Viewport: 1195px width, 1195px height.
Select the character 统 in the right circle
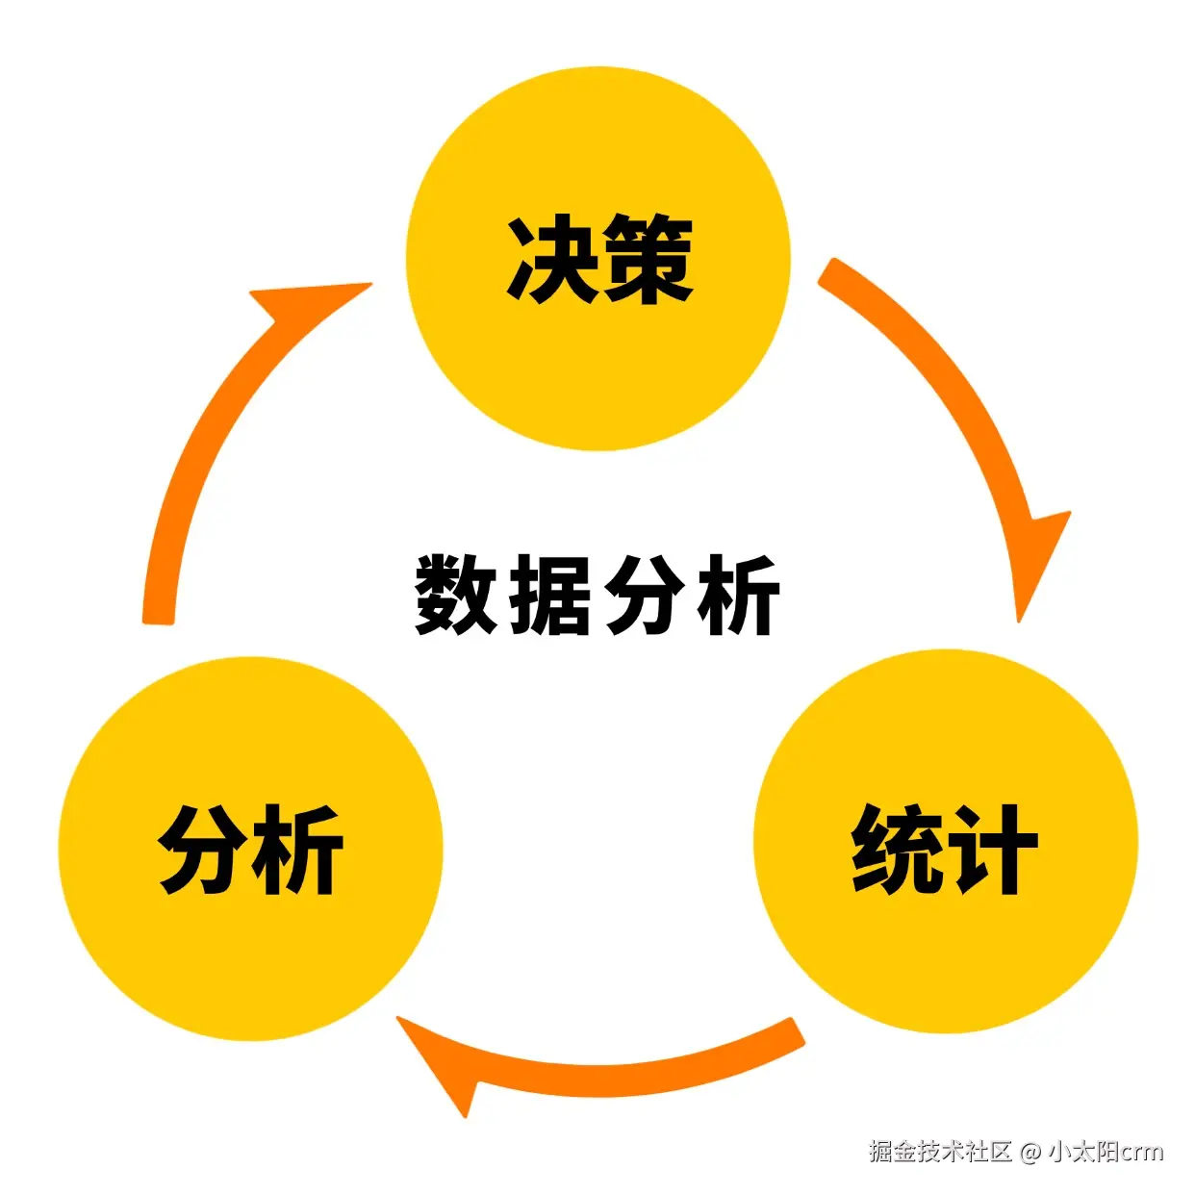pos(895,849)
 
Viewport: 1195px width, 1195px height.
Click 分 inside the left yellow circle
pos(202,849)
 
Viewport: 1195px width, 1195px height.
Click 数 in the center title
pos(456,595)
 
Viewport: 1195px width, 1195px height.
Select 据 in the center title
pos(550,595)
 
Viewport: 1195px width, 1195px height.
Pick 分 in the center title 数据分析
pos(643,595)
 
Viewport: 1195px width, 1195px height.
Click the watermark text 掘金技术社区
pos(940,1151)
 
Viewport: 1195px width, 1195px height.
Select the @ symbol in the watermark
pos(1030,1152)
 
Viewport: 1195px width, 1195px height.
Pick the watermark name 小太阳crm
pos(1106,1151)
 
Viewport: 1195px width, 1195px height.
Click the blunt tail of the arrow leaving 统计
pos(794,1032)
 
